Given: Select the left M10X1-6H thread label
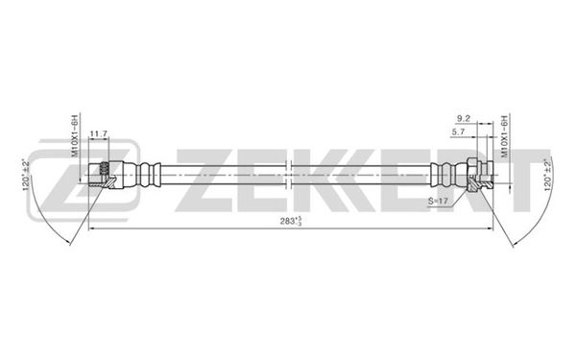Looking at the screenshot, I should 74,133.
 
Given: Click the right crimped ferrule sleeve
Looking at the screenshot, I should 443,174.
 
